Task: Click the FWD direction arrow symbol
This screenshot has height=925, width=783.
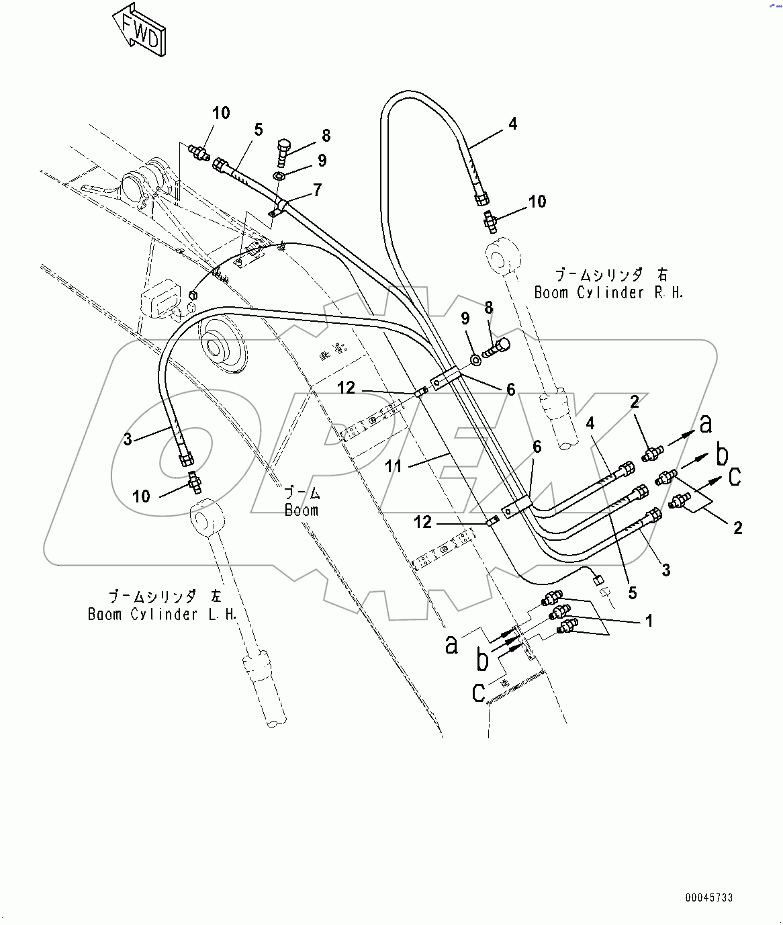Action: (x=138, y=30)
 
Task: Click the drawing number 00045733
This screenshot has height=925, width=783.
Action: (x=709, y=897)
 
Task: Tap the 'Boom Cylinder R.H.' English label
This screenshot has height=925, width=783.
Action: (x=608, y=292)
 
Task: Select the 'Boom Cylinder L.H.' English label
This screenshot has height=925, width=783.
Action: (x=163, y=614)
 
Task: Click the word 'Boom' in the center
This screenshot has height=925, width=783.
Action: (x=302, y=510)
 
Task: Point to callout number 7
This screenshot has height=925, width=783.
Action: (x=317, y=190)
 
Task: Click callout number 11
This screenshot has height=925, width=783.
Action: (x=393, y=466)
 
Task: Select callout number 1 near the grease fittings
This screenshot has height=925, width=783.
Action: (x=649, y=621)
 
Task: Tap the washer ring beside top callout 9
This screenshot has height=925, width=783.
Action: (x=279, y=176)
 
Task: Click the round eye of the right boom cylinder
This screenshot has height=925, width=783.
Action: (x=502, y=256)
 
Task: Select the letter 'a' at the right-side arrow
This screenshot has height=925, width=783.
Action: (x=705, y=424)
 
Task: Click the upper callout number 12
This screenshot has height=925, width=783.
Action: (x=347, y=388)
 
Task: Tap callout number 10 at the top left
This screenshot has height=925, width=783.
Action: (x=221, y=113)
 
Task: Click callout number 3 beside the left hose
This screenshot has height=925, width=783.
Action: (x=128, y=439)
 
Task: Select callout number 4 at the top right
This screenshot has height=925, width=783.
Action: (x=513, y=124)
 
